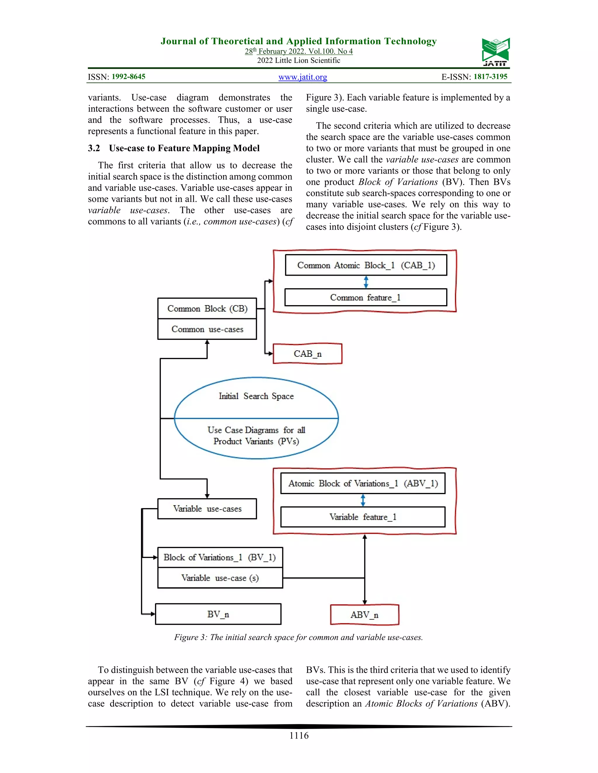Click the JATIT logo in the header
pyautogui.click(x=495, y=52)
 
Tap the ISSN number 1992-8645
pyautogui.click(x=128, y=76)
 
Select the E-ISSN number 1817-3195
pyautogui.click(x=490, y=76)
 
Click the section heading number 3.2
pyautogui.click(x=94, y=148)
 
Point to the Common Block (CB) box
pyautogui.click(x=207, y=309)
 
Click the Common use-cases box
pyautogui.click(x=207, y=329)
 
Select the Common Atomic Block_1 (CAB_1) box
pyautogui.click(x=366, y=265)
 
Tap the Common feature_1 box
pyautogui.click(x=366, y=297)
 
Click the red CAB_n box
pyautogui.click(x=307, y=354)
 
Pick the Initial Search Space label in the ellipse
pyautogui.click(x=256, y=396)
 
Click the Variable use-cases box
pyautogui.click(x=207, y=509)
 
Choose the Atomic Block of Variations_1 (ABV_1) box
pyautogui.click(x=363, y=483)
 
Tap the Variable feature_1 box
pyautogui.click(x=363, y=517)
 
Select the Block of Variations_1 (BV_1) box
pyautogui.click(x=220, y=557)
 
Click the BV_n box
pyautogui.click(x=218, y=614)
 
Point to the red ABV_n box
pyautogui.click(x=364, y=615)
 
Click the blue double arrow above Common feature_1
pyautogui.click(x=366, y=282)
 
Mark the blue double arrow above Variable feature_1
pyautogui.click(x=363, y=500)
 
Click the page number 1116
pyautogui.click(x=299, y=735)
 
